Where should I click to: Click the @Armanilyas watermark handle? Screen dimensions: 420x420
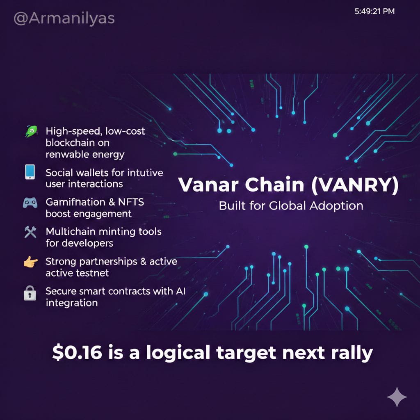click(64, 18)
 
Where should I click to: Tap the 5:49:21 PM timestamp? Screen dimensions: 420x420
click(374, 11)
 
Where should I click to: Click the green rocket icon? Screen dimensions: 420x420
click(31, 132)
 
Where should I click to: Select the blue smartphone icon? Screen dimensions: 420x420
click(30, 172)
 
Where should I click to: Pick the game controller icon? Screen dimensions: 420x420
click(30, 203)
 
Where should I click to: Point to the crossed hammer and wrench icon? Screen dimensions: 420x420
click(30, 232)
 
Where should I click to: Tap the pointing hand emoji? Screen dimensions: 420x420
click(31, 262)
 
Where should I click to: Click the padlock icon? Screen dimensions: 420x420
click(30, 293)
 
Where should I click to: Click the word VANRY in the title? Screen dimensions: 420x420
click(355, 185)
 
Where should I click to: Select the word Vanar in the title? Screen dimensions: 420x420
click(208, 185)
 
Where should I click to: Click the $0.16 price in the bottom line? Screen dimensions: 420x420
click(77, 352)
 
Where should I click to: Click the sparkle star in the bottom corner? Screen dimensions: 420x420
click(397, 397)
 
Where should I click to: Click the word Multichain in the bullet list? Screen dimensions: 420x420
click(71, 231)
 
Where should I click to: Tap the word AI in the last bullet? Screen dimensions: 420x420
click(180, 291)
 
